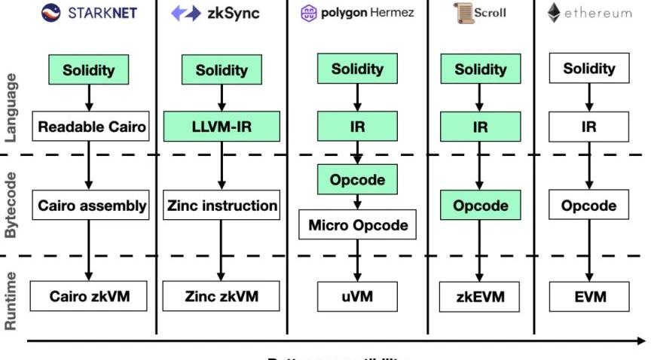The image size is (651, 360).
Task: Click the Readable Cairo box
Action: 89,127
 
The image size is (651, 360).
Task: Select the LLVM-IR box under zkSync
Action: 222,127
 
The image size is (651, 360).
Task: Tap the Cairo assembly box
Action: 89,205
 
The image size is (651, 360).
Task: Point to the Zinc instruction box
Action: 222,205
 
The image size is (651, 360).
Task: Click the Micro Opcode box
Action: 357,224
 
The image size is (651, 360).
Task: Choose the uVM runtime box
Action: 357,296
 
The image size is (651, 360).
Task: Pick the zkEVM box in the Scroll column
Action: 480,296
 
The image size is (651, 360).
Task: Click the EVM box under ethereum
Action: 589,296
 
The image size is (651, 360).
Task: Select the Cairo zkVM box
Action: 89,296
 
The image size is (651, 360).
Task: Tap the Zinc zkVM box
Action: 222,296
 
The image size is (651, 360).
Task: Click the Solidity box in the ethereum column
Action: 589,69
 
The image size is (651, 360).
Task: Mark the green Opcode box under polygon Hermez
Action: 357,180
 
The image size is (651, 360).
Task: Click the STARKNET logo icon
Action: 51,13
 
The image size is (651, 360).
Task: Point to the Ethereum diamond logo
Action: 554,13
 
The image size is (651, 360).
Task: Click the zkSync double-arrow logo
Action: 185,13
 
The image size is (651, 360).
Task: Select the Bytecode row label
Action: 11,205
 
